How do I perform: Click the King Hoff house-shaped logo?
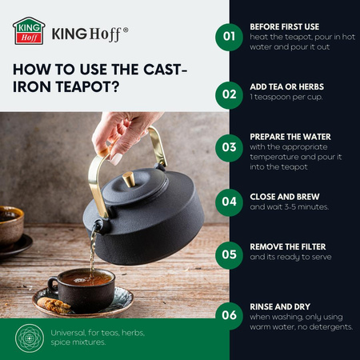coord(29,31)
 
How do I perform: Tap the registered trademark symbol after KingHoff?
coord(126,30)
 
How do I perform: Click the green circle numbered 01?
coord(229,37)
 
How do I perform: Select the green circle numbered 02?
coord(229,95)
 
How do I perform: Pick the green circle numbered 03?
coord(229,148)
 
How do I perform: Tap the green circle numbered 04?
coord(229,202)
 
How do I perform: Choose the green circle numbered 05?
coord(229,255)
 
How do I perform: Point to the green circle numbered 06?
coord(229,316)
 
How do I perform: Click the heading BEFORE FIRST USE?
coord(285,26)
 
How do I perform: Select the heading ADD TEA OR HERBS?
coord(287,86)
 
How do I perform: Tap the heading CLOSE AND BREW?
coord(285,197)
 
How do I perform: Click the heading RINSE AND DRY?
coord(280,306)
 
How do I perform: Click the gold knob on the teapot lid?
coord(129,179)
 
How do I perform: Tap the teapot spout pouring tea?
coord(98,226)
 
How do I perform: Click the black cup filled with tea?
coord(82,290)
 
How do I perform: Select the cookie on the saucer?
coord(54,305)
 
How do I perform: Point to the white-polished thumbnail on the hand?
coord(117,159)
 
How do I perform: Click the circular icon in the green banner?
coord(30,338)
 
